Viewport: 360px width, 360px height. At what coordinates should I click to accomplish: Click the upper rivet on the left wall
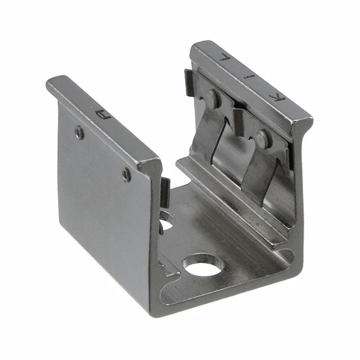coord(80,133)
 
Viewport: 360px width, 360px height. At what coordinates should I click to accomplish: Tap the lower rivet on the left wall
coord(126,175)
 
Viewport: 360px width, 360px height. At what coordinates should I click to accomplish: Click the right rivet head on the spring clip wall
coord(262,138)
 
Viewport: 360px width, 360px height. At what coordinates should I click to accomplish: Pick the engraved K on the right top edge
coord(276,99)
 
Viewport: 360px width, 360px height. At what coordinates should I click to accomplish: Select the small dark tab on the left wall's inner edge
coord(165,191)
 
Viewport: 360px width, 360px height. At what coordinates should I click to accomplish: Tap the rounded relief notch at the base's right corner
coord(285,255)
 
